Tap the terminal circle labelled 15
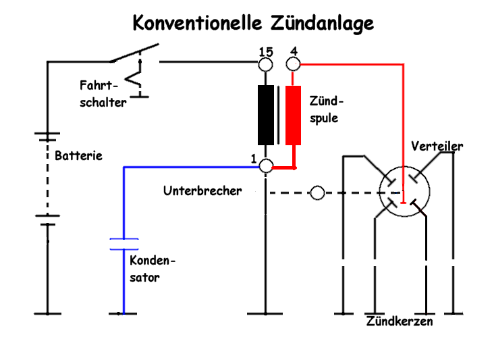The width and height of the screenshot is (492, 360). coord(267,64)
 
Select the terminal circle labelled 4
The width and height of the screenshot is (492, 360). coord(293,64)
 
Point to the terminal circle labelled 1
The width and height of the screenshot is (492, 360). coord(267,165)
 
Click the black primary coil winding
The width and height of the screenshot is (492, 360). coord(267,115)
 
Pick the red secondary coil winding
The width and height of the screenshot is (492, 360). coord(293,115)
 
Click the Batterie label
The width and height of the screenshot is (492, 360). coord(78,155)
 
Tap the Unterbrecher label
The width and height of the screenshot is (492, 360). coord(202,191)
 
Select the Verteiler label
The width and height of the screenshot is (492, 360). coord(437,147)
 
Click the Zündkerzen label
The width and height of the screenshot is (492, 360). coord(400,322)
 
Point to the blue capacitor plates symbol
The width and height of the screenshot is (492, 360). coord(124,244)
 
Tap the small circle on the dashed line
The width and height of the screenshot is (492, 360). coord(317,194)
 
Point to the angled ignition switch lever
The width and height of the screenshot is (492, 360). coord(135,53)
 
